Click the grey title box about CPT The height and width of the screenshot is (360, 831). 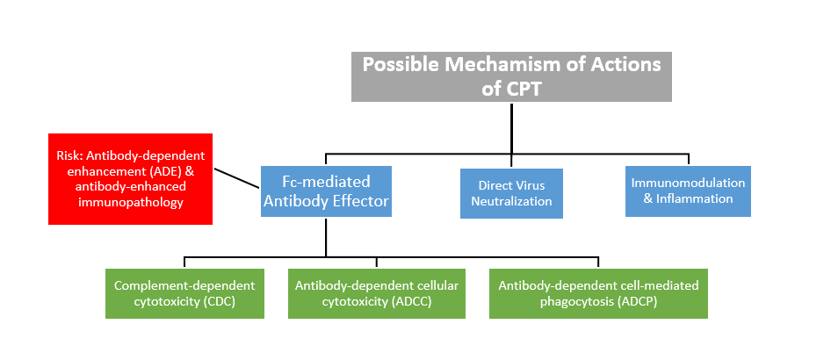(511, 76)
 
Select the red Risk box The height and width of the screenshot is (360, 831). (130, 179)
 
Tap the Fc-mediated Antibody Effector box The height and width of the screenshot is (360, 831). (326, 191)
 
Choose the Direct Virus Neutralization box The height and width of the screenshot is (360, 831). (511, 193)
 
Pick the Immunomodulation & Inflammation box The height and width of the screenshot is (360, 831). (688, 191)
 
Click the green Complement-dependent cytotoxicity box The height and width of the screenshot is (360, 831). (184, 293)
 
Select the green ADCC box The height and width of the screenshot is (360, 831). (376, 293)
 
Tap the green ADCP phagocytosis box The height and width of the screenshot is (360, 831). (598, 293)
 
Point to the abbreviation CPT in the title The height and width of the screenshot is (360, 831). (524, 89)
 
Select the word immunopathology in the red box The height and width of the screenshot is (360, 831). (130, 202)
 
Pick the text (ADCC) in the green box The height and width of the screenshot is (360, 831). (411, 302)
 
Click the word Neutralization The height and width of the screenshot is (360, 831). (511, 202)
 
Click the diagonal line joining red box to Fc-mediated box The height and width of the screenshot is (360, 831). (236, 178)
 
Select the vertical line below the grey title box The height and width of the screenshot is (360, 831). (511, 127)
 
